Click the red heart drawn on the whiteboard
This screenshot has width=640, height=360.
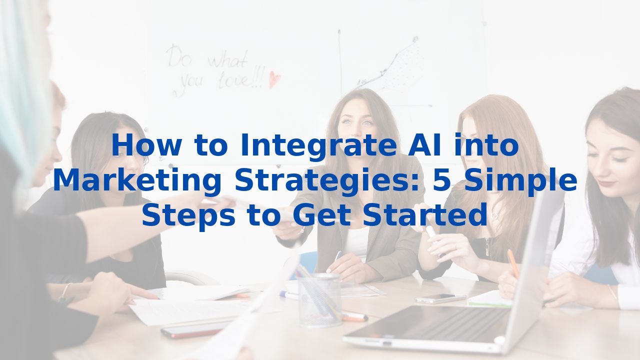coord(274,78)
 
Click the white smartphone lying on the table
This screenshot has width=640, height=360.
coord(440,298)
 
